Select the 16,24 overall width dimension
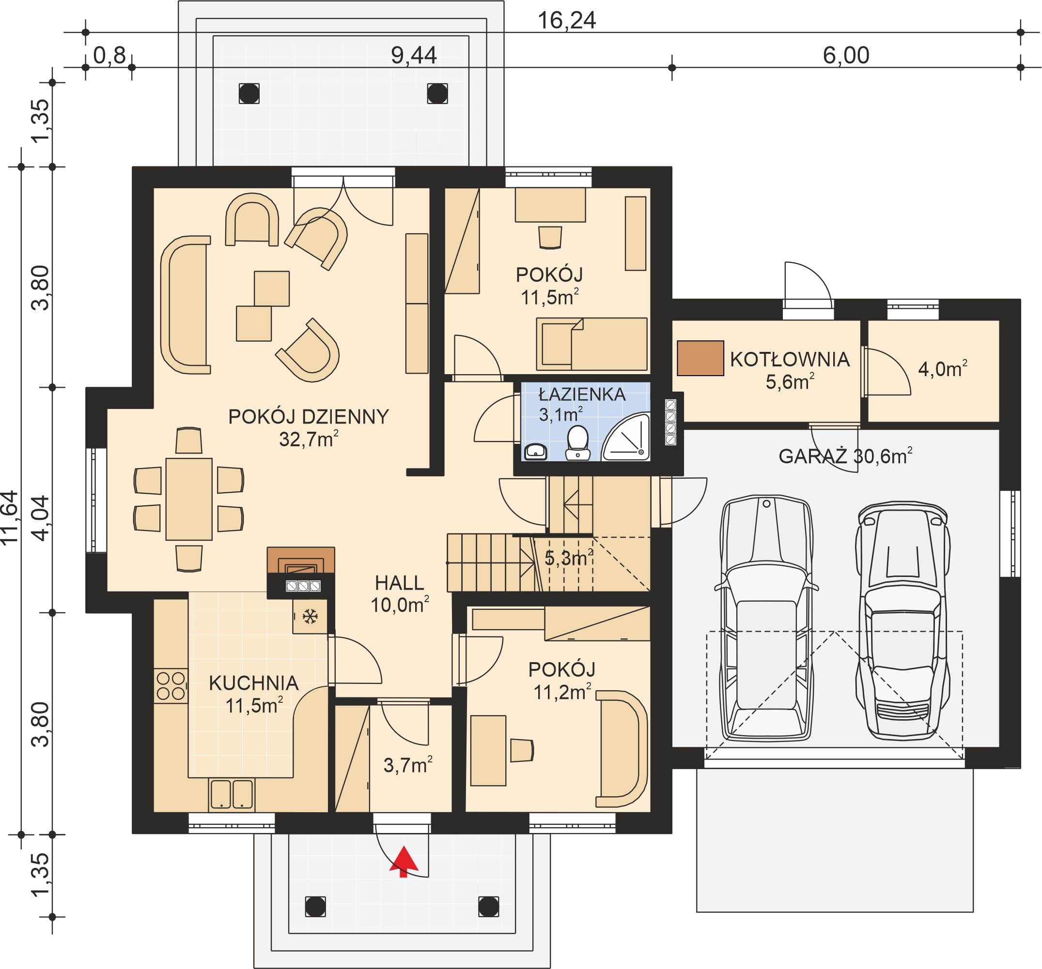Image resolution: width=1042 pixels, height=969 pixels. pyautogui.click(x=567, y=20)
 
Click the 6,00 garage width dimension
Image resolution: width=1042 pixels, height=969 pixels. pyautogui.click(x=846, y=56)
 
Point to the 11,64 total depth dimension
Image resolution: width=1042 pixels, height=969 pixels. pyautogui.click(x=10, y=517)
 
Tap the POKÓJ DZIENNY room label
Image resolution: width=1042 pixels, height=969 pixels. pyautogui.click(x=309, y=416)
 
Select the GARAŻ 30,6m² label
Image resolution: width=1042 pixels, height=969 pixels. pyautogui.click(x=845, y=456)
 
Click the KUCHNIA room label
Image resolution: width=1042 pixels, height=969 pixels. pyautogui.click(x=254, y=683)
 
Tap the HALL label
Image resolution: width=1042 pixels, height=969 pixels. pyautogui.click(x=399, y=583)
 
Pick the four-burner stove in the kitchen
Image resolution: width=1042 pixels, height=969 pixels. pyautogui.click(x=171, y=686)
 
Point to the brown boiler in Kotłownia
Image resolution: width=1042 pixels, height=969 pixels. pyautogui.click(x=700, y=358)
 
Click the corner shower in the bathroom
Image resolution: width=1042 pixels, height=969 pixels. pyautogui.click(x=627, y=438)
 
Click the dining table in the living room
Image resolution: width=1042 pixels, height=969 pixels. pyautogui.click(x=189, y=499)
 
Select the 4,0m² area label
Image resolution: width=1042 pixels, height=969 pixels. pyautogui.click(x=942, y=368)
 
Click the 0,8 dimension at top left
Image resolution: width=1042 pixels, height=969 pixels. pyautogui.click(x=109, y=56)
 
